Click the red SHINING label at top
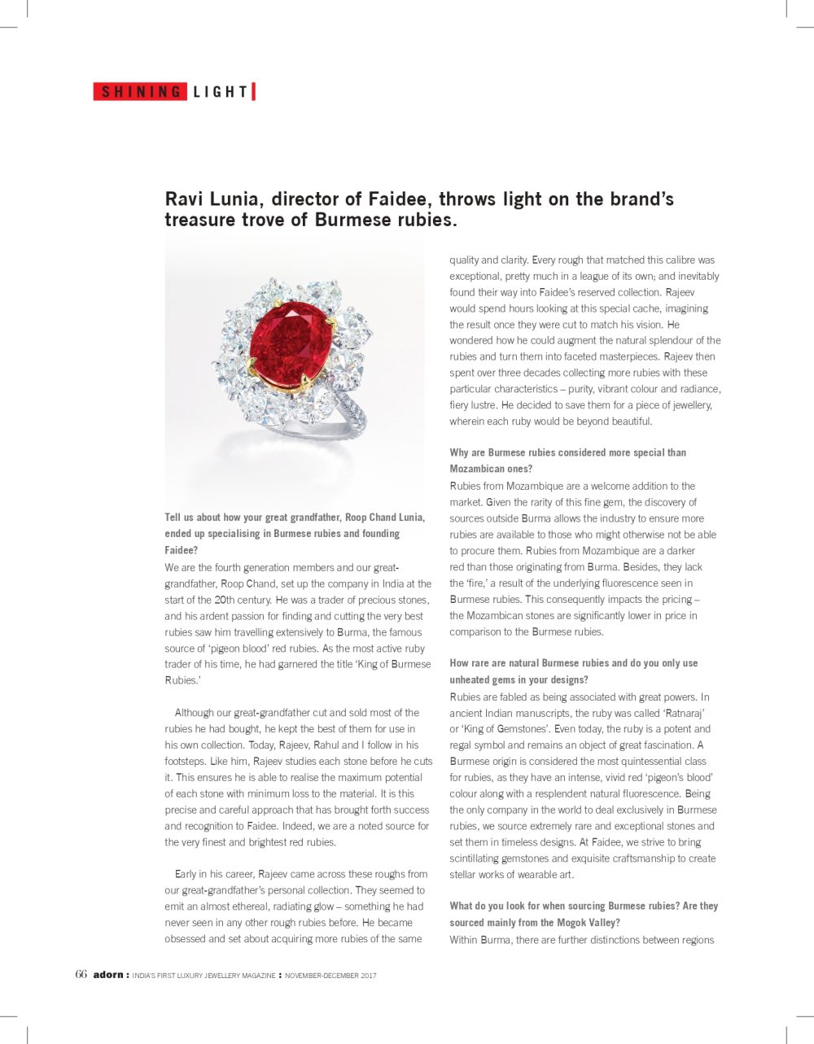pos(141,92)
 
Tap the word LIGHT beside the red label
pos(221,92)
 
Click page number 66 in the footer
pos(81,975)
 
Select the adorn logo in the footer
pos(107,975)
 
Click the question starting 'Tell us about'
pos(294,533)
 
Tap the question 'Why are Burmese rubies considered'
pos(567,461)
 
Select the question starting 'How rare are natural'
pos(573,671)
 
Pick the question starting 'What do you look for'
pos(584,914)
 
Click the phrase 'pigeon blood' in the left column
pos(269,648)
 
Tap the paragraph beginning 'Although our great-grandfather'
pos(297,777)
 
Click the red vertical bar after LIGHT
pos(254,92)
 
